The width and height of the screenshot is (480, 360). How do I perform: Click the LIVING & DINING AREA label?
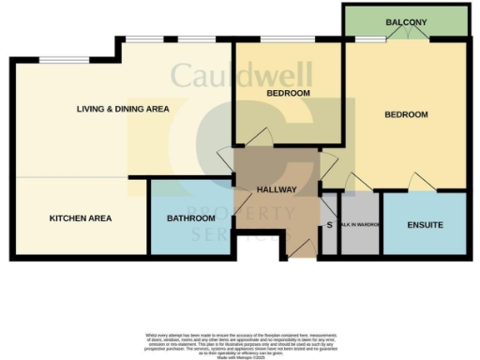tap(123, 109)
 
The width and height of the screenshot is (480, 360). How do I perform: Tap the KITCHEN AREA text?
tap(81, 218)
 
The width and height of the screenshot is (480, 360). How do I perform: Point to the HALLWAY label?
tap(277, 189)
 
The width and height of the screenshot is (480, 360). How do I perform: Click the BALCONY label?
tap(405, 22)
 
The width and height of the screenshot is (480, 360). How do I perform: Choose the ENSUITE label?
tap(425, 225)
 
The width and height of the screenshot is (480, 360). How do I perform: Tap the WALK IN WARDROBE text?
tap(360, 225)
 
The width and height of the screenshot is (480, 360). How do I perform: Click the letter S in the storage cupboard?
tap(329, 225)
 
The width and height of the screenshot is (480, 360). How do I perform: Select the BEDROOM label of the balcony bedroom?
tap(406, 114)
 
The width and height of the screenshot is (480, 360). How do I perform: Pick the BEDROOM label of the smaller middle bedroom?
tap(288, 94)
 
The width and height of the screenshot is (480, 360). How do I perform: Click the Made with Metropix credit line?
tap(240, 356)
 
